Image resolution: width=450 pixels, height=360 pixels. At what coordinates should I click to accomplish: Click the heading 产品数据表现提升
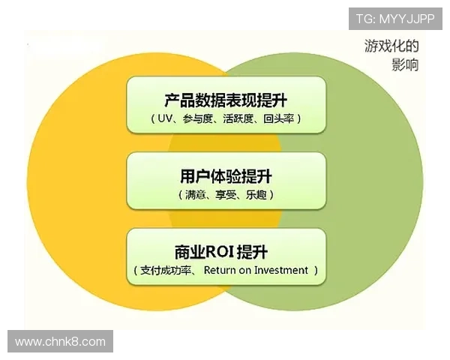coord(226,100)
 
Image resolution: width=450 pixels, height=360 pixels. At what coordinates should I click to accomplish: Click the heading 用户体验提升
coord(226,176)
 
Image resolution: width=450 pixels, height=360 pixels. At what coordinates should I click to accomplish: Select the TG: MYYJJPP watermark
coord(395,17)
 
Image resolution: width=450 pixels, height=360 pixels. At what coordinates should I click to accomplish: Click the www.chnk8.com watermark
coord(60,342)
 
